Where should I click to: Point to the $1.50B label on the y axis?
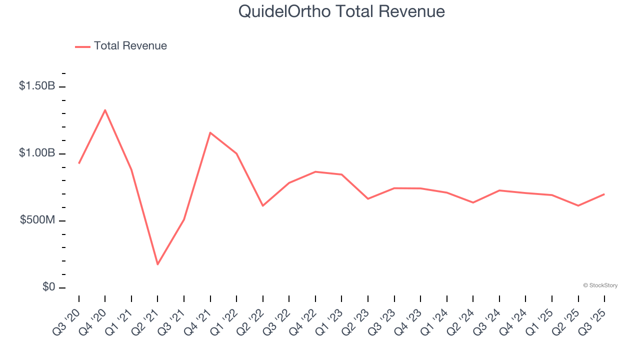pos(37,86)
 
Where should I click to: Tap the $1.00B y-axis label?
pos(37,153)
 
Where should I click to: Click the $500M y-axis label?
pos(38,220)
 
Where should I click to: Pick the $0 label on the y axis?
pos(49,287)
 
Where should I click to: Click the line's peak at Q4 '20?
pos(105,110)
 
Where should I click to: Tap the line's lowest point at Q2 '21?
pos(157,264)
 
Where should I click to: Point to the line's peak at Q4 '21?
pos(210,132)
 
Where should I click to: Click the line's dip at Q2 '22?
pos(262,205)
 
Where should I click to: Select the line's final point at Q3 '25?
pos(604,194)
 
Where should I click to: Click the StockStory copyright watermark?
pos(600,285)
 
